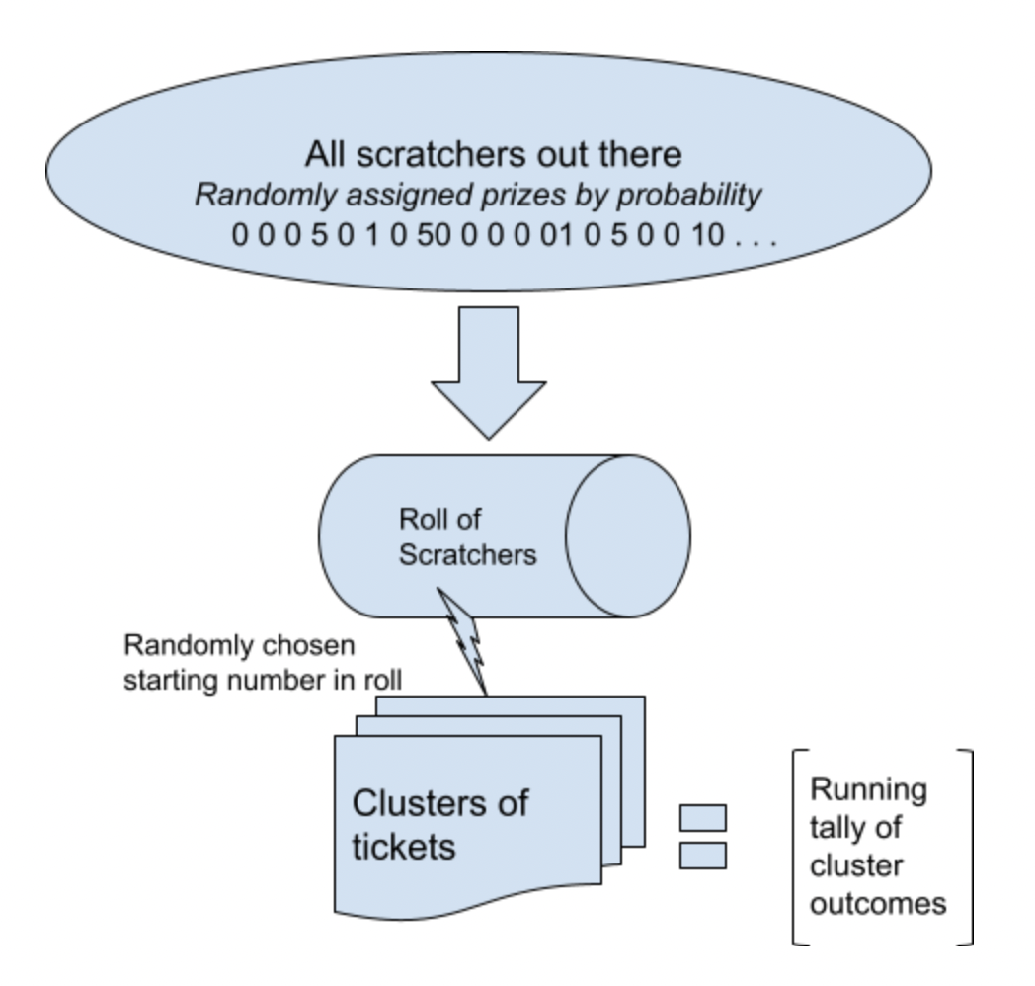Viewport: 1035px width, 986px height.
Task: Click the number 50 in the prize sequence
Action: tap(434, 237)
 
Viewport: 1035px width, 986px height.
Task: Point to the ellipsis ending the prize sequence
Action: tap(761, 239)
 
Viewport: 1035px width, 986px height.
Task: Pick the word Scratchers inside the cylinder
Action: tap(467, 554)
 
